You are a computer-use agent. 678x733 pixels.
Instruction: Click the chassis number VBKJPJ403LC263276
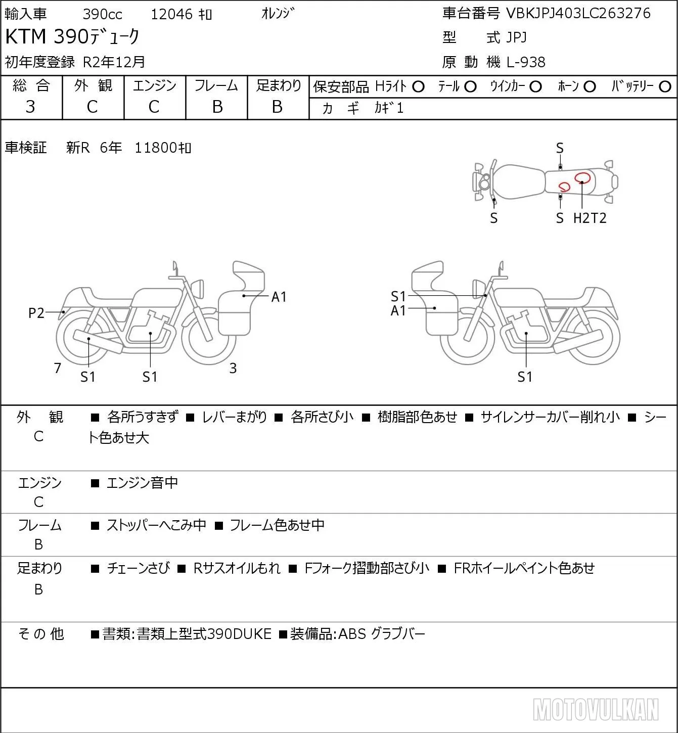[x=578, y=13]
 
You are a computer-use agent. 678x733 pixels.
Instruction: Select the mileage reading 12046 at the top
[x=171, y=14]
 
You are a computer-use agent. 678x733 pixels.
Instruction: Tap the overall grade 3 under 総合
[x=30, y=107]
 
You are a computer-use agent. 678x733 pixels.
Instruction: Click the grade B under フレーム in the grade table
[x=217, y=107]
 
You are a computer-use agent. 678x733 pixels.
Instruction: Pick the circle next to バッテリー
[x=665, y=87]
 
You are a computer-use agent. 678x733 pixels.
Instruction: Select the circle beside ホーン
[x=590, y=87]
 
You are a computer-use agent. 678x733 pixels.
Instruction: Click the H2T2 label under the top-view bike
[x=590, y=218]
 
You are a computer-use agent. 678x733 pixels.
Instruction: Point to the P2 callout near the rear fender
[x=36, y=313]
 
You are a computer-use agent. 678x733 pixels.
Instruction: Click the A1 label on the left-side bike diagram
[x=279, y=297]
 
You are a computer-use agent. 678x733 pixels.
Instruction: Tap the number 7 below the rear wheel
[x=57, y=368]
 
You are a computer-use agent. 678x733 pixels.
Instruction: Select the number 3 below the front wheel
[x=233, y=368]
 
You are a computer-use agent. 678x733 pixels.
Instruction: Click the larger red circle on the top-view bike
[x=582, y=178]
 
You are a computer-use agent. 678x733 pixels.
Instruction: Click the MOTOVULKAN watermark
[x=596, y=709]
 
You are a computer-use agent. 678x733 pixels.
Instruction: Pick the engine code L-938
[x=526, y=62]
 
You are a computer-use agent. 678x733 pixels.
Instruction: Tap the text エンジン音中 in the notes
[x=142, y=483]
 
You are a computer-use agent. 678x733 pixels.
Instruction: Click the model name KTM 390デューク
[x=72, y=36]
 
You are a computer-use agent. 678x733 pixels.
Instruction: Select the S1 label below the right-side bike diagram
[x=525, y=377]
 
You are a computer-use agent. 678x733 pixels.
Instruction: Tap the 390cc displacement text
[x=102, y=14]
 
